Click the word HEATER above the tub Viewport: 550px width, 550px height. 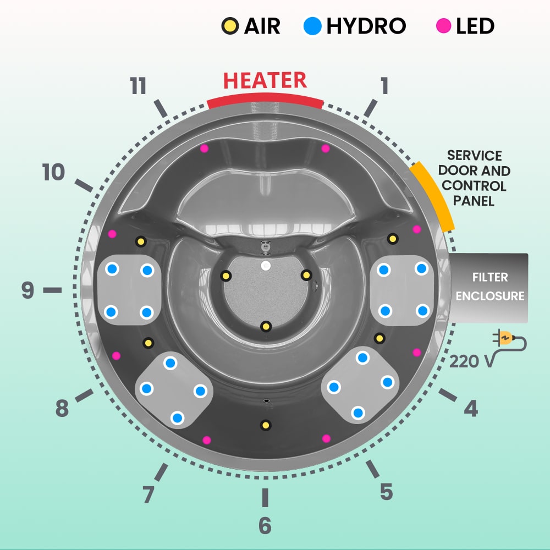(x=265, y=80)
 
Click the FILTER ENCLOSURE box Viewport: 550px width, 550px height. (x=489, y=288)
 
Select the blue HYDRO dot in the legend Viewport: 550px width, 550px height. (x=312, y=25)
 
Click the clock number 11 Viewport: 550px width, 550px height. (x=138, y=86)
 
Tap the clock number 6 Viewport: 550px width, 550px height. (x=265, y=526)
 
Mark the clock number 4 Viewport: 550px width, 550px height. (x=470, y=408)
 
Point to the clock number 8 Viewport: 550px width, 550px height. (x=61, y=409)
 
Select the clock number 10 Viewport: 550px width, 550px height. (x=53, y=173)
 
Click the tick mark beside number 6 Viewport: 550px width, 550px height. (x=265, y=497)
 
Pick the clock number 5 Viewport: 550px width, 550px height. (x=386, y=491)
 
